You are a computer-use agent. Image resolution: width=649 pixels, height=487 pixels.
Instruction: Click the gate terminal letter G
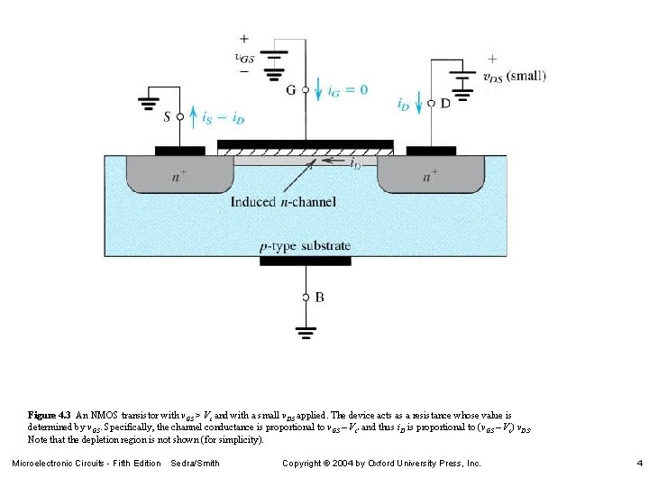(x=290, y=90)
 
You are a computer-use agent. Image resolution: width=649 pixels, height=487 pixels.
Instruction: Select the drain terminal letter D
(x=445, y=104)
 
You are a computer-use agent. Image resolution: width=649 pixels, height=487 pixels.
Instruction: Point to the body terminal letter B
(x=319, y=297)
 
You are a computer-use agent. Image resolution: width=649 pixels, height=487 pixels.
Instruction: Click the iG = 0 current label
(x=348, y=89)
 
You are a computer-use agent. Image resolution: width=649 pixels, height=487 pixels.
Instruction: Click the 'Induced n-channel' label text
(x=283, y=201)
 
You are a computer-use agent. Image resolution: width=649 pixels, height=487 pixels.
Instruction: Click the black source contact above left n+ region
(x=180, y=150)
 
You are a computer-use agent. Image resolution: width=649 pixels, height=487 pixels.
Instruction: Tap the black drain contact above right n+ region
(x=431, y=150)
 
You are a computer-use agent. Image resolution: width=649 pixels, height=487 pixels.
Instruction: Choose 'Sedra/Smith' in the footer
(x=195, y=464)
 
